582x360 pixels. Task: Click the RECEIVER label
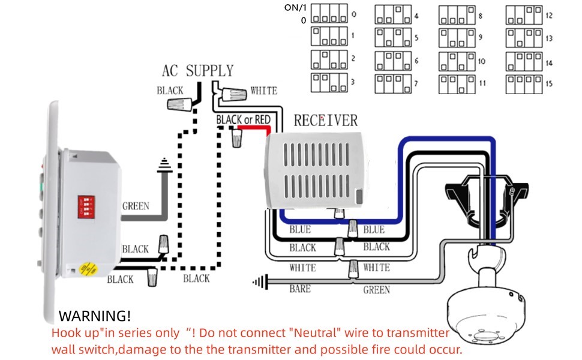click(325, 121)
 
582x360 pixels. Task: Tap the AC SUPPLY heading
click(197, 71)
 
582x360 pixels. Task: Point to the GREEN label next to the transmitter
click(136, 206)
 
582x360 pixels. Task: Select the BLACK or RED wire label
click(243, 120)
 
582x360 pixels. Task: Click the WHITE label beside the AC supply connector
click(263, 91)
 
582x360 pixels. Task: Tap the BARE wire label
click(300, 289)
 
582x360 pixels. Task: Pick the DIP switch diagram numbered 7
click(394, 84)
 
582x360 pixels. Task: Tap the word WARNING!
click(94, 316)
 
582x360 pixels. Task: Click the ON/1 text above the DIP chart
click(295, 8)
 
